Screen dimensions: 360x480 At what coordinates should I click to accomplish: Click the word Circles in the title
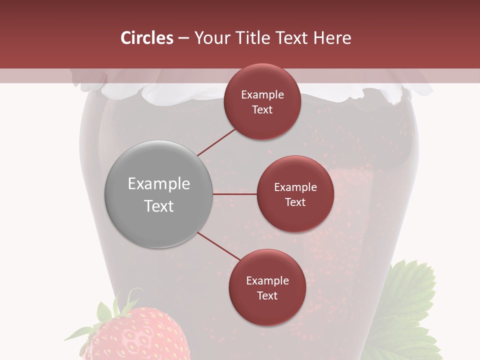tap(146, 38)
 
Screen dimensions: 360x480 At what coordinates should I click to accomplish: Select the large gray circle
tap(158, 194)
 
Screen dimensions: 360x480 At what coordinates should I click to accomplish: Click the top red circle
tap(262, 101)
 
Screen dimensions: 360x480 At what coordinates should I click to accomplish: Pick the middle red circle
tap(295, 194)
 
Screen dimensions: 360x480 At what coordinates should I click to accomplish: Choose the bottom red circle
tap(267, 287)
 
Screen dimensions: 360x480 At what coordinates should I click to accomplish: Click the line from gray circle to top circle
tap(216, 142)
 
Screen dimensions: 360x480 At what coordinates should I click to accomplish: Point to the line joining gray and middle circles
tap(234, 194)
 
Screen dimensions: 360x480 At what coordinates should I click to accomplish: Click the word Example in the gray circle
tap(159, 183)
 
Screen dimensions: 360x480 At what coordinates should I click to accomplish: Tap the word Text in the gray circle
tap(159, 205)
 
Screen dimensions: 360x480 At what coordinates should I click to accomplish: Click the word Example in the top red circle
tap(262, 94)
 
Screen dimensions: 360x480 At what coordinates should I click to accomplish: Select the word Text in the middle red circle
tap(295, 202)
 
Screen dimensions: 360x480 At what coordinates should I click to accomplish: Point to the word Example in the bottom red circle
tap(267, 280)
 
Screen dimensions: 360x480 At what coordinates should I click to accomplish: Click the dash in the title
tap(183, 38)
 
